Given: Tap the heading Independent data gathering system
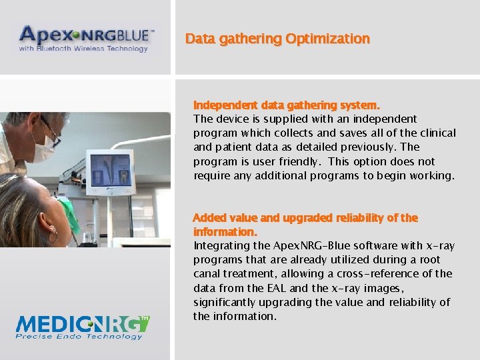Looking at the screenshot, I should coord(287,105).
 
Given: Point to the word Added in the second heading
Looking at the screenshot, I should coord(209,218).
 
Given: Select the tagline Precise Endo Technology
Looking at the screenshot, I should coord(80,337).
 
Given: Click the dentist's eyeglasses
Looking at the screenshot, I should coord(50,129).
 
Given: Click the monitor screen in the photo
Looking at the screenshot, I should coord(109,171).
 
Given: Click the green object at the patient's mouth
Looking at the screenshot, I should coord(69,213).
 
